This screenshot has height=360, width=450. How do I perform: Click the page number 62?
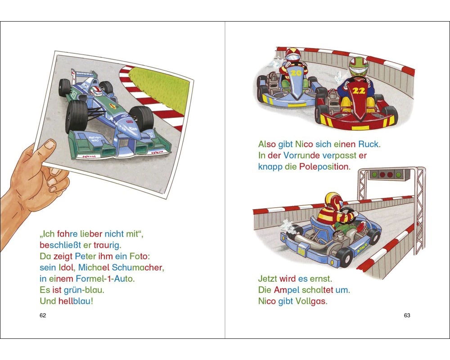(x=42, y=315)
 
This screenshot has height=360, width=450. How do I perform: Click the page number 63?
(x=407, y=315)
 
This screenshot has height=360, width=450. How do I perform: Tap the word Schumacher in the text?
(x=138, y=268)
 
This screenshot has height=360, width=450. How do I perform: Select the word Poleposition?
(x=324, y=166)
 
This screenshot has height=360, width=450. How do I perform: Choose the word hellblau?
(x=74, y=301)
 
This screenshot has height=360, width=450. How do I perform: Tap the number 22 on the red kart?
(x=359, y=91)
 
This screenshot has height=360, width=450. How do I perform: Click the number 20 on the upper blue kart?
(x=296, y=73)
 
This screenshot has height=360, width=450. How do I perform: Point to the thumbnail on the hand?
(x=49, y=144)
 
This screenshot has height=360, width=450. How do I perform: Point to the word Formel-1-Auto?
(x=105, y=279)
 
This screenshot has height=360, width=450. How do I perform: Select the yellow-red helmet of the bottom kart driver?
(x=334, y=201)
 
